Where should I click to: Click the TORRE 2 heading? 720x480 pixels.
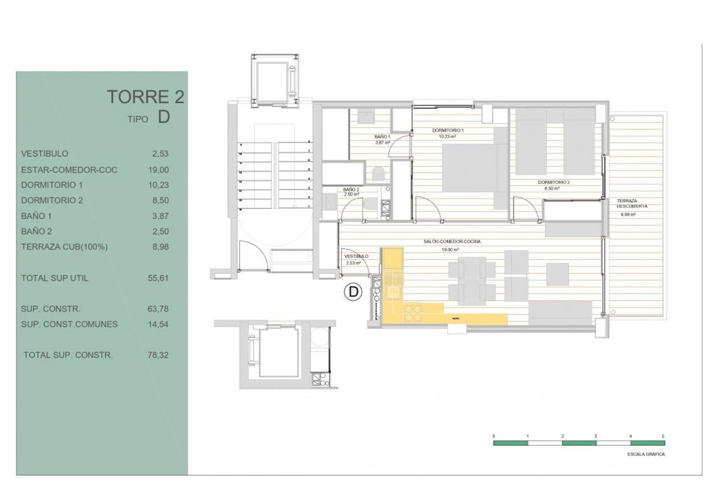(x=145, y=97)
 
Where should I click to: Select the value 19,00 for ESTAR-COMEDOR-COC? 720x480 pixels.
(x=159, y=170)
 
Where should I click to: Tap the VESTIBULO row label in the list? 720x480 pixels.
(x=45, y=154)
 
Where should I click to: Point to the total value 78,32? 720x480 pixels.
(x=158, y=355)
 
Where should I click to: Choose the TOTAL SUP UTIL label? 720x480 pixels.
(x=55, y=278)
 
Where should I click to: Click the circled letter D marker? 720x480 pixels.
(x=353, y=292)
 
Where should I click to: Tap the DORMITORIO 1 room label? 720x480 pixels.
(x=448, y=130)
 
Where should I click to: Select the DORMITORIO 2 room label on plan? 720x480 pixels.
(x=554, y=183)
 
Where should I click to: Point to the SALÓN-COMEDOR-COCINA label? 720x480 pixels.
(x=452, y=242)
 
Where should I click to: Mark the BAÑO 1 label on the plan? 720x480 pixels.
(x=382, y=137)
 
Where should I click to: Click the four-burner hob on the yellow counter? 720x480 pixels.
(x=412, y=313)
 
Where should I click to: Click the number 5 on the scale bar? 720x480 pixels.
(x=663, y=436)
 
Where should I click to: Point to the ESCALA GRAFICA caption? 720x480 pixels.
(x=646, y=454)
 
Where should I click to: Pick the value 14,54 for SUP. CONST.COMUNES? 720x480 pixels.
(x=158, y=324)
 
